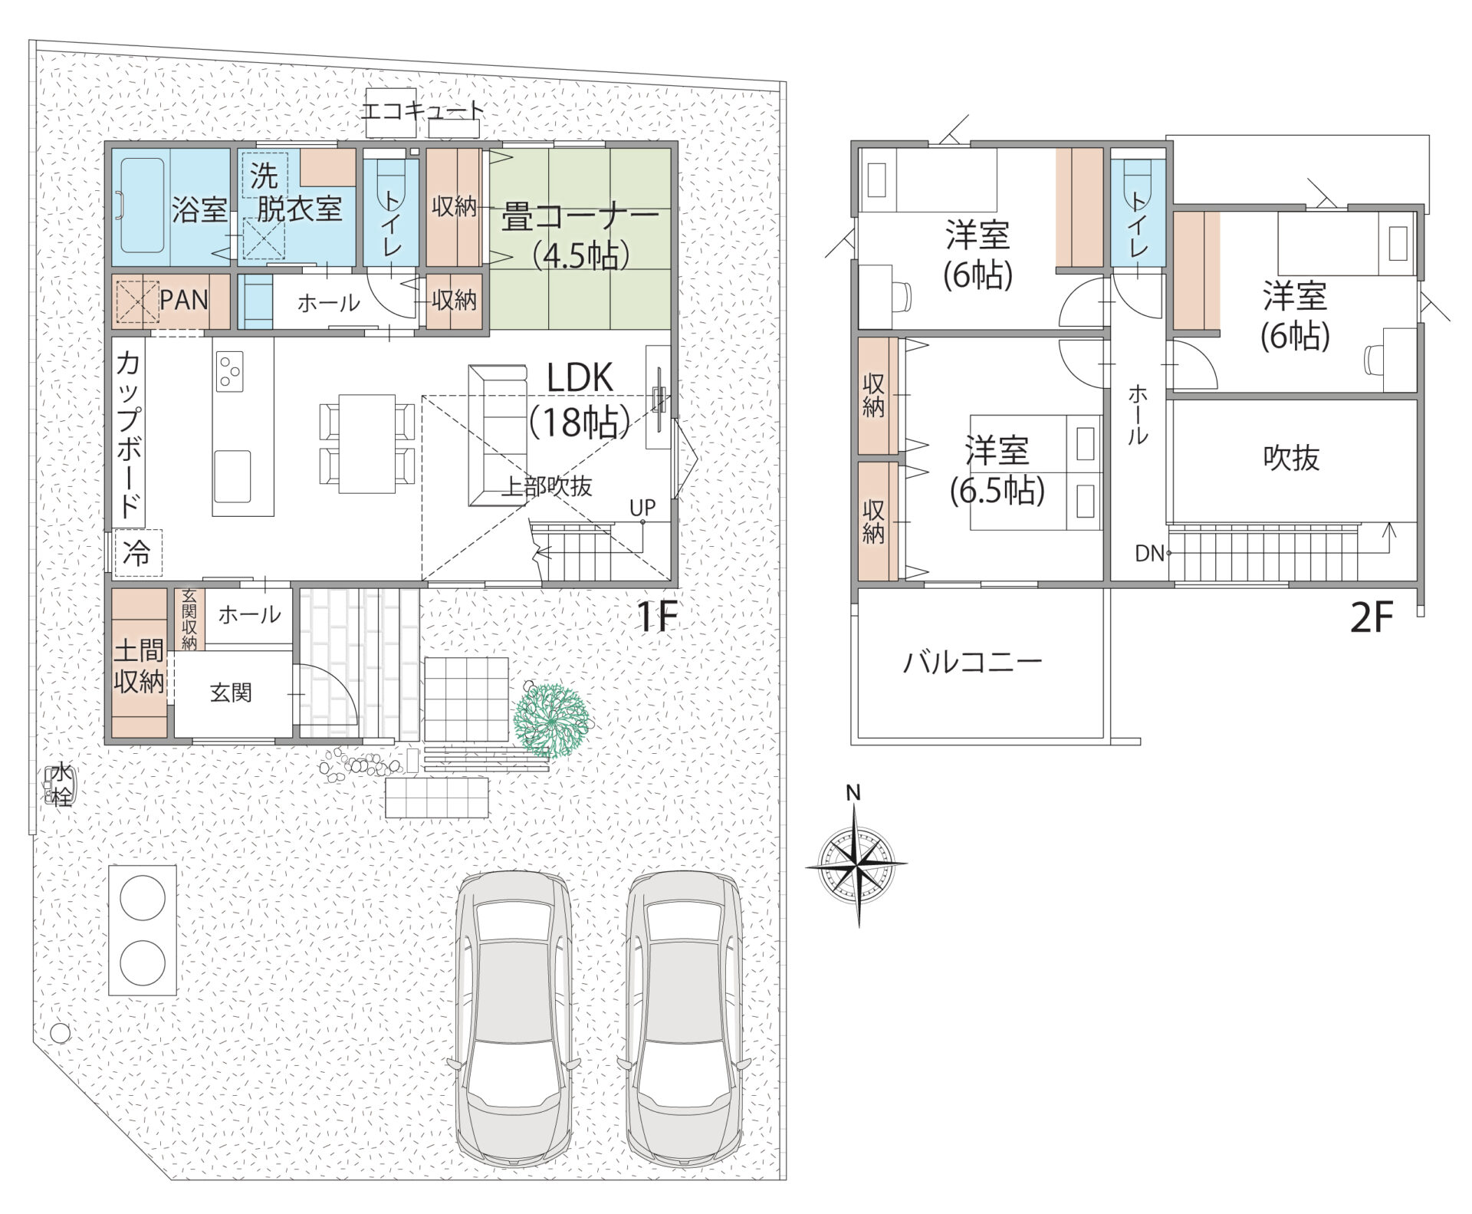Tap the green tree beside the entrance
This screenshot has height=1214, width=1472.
point(551,719)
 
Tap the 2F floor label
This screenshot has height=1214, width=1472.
point(1371,618)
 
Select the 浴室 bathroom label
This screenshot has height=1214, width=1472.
point(199,209)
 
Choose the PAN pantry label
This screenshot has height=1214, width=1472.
point(184,299)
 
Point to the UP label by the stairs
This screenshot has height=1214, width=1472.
point(642,507)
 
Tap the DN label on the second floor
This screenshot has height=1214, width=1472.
point(1149,553)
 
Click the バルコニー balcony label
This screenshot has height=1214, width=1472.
point(972,662)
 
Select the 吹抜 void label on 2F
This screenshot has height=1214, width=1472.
point(1291,458)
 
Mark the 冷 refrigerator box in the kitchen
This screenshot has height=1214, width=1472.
point(139,553)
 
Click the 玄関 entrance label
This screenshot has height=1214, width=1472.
point(231,693)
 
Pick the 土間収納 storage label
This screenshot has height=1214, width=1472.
point(140,666)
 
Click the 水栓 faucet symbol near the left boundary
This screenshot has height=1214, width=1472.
point(60,784)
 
